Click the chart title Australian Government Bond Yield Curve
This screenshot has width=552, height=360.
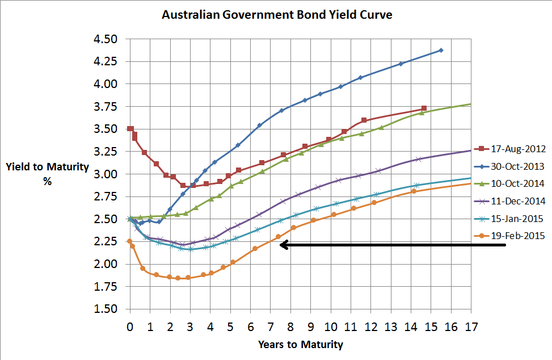[277, 15]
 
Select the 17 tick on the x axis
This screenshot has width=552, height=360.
[471, 327]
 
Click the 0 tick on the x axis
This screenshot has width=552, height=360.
[130, 327]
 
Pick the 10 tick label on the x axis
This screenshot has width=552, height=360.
[331, 327]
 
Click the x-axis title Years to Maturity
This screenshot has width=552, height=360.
[301, 344]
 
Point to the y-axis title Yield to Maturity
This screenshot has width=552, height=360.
[48, 167]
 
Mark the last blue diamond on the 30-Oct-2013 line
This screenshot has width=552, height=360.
[441, 50]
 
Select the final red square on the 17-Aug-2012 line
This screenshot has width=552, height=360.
[424, 108]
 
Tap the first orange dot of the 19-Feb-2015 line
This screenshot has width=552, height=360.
[129, 241]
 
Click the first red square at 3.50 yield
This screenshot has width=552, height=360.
[130, 129]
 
